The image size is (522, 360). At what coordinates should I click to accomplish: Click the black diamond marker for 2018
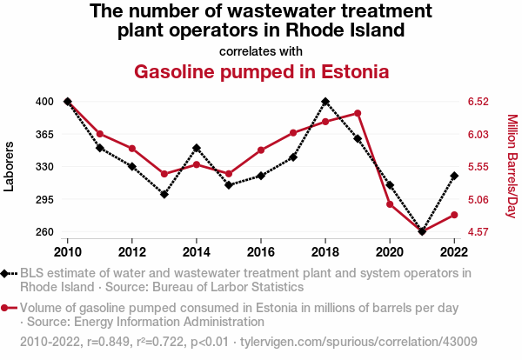click(x=325, y=102)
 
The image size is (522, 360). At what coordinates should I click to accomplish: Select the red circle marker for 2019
click(x=358, y=113)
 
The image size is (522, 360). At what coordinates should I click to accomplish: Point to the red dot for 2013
click(x=164, y=174)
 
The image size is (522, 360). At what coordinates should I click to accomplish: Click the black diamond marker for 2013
click(x=164, y=194)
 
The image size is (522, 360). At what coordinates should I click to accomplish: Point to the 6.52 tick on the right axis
click(x=478, y=102)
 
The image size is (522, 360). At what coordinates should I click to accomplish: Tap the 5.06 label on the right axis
click(x=478, y=199)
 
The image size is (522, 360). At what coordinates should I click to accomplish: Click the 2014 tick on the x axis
click(x=197, y=251)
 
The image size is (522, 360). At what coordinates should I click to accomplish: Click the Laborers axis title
click(x=10, y=166)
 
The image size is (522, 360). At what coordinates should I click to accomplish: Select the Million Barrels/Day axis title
click(x=512, y=166)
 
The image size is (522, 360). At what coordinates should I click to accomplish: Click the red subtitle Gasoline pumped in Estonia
click(x=261, y=70)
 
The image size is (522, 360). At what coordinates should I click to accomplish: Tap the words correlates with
click(x=261, y=50)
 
